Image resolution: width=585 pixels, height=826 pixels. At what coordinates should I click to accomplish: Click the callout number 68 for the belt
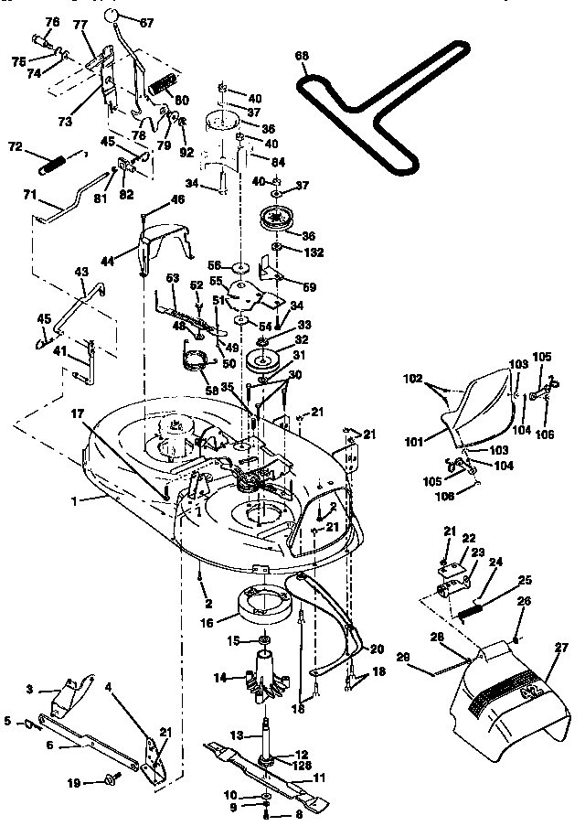[302, 56]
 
